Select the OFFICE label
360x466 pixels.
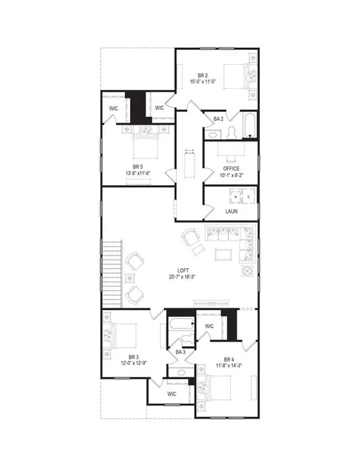coord(231,169)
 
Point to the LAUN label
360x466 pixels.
coord(231,212)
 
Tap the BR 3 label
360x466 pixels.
coord(135,357)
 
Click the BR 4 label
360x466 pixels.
coord(229,359)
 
